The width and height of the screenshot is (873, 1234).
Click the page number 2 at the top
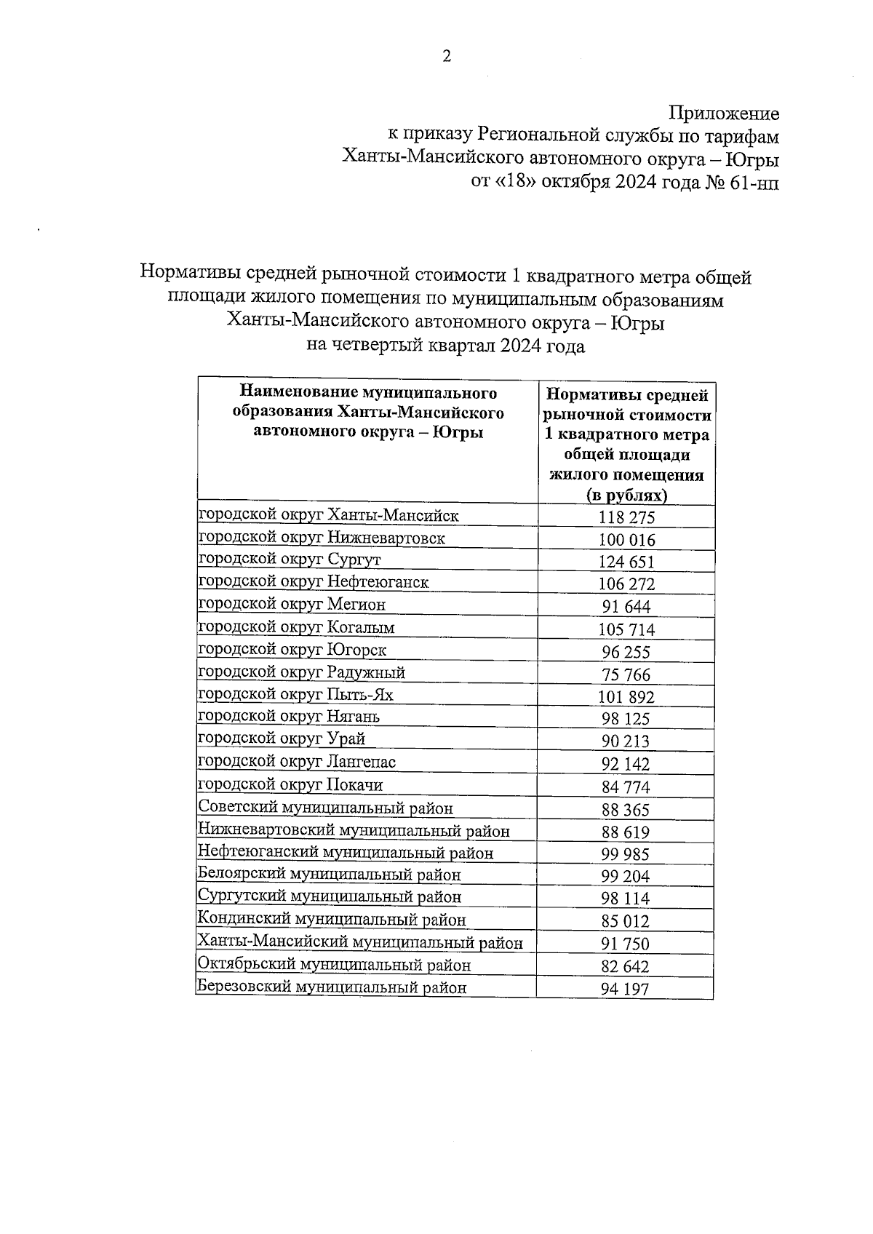447,56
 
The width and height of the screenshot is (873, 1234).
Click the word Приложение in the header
724,114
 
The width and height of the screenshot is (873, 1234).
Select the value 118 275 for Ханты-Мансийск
626,517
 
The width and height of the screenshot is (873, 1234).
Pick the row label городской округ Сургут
290,560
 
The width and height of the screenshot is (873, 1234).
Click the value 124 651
626,562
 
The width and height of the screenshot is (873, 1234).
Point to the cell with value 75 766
626,674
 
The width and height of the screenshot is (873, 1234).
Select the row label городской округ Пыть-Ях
295,694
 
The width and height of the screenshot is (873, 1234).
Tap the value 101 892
626,697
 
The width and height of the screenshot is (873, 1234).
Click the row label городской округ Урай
282,739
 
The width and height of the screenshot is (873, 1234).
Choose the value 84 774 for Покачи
626,787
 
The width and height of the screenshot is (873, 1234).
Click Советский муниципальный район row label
325,808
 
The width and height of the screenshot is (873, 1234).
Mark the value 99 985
626,854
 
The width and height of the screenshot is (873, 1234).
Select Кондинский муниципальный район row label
332,920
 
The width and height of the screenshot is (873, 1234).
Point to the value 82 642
626,966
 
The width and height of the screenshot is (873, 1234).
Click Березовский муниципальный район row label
332,987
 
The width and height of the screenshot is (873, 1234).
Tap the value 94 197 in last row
626,989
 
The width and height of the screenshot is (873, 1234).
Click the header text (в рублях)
626,495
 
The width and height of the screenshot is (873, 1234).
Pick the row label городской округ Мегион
292,604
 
